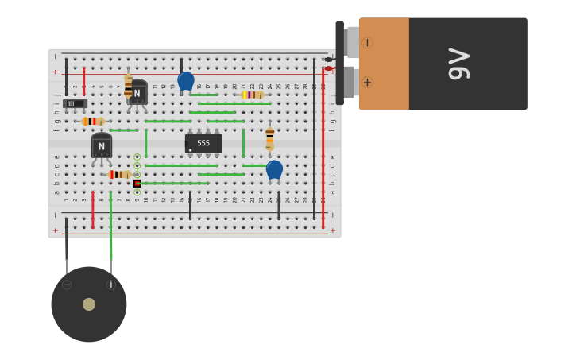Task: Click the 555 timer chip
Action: point(203,143)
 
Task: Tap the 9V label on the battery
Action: point(459,64)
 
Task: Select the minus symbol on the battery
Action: point(367,42)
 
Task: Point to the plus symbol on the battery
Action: point(367,82)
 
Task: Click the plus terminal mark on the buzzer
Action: point(111,285)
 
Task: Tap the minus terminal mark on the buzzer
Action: point(67,285)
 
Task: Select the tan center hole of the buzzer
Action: point(89,304)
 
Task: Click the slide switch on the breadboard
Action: point(75,103)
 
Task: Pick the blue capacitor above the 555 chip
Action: point(186,81)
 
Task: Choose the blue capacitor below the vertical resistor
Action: point(274,169)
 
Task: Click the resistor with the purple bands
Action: point(253,95)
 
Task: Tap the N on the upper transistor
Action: point(137,94)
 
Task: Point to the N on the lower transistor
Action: point(102,147)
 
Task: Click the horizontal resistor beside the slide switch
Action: point(93,122)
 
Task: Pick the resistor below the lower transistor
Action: point(119,174)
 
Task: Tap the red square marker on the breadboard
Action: point(137,183)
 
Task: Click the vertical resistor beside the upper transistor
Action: point(128,86)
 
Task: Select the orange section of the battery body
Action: point(385,64)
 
